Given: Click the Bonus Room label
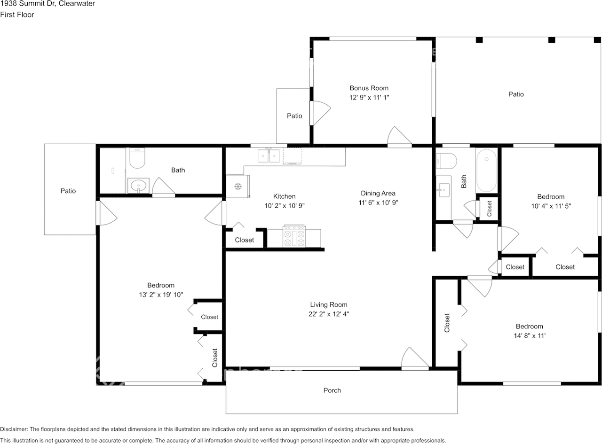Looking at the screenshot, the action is [369, 88].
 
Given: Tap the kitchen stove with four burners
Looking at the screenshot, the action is [294, 236].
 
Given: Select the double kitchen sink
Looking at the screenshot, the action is [269, 156].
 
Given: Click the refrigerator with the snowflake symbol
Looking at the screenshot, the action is [238, 187].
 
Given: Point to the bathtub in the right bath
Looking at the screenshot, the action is [486, 171].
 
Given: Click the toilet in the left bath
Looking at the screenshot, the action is [137, 158].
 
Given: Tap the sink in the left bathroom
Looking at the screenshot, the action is [138, 186].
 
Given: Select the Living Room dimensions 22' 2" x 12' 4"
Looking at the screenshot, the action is [329, 314].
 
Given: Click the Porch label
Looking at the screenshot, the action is [332, 390].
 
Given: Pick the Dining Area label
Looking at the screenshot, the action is [378, 194].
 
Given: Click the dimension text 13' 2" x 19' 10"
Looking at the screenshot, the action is [161, 295].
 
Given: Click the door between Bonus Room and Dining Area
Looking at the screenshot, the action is [399, 137].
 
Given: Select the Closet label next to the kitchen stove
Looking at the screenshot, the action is [244, 240].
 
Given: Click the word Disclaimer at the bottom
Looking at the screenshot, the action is [14, 429].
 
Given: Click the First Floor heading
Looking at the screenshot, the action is [17, 15].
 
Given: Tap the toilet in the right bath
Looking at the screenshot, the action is [446, 161].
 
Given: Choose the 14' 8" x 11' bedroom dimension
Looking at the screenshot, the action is [530, 336].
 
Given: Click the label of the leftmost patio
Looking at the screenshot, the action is [68, 191].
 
